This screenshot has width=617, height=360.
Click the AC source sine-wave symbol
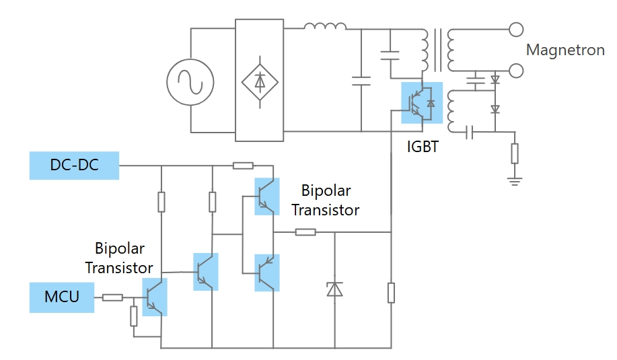[x=190, y=82]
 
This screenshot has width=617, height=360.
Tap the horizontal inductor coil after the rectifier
[x=325, y=28]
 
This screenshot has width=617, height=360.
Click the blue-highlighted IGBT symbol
[x=422, y=103]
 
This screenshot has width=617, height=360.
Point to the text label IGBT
[x=423, y=145]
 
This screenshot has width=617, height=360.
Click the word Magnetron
[x=565, y=50]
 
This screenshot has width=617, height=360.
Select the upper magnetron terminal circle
[x=516, y=30]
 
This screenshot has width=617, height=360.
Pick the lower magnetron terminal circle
[x=516, y=70]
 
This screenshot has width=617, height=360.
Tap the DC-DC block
[x=74, y=166]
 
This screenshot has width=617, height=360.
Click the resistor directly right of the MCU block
[x=112, y=297]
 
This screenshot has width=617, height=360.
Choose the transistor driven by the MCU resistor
[x=155, y=297]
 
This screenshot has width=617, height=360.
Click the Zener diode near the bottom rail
[x=334, y=289]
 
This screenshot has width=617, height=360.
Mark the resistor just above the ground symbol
[x=515, y=153]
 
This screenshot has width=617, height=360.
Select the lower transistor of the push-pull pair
[x=266, y=273]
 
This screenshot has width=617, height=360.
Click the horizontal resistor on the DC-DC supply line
[x=242, y=166]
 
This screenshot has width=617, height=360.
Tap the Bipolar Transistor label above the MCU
[x=119, y=258]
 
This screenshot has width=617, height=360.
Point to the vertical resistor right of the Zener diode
[x=391, y=293]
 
